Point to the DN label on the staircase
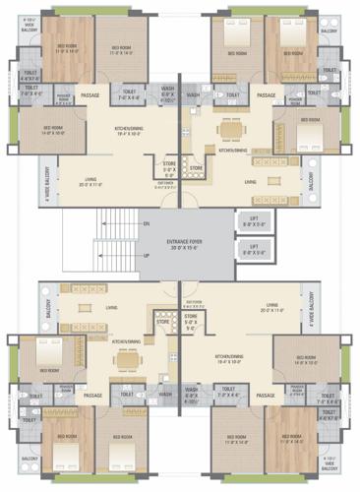(147, 225)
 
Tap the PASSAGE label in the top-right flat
(266, 95)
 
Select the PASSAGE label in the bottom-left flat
(93, 395)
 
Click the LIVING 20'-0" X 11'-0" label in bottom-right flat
(272, 308)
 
